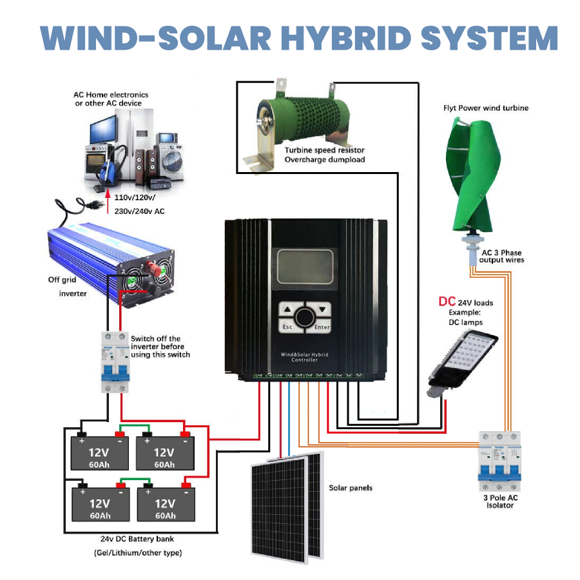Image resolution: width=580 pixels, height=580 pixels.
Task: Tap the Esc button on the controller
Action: [x=288, y=327]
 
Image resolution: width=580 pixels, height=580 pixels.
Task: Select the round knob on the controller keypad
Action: [x=304, y=317]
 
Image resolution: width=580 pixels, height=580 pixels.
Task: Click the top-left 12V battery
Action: [x=100, y=451]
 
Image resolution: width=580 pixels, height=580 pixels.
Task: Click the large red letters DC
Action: [x=447, y=301]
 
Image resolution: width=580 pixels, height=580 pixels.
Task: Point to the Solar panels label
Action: [x=351, y=488]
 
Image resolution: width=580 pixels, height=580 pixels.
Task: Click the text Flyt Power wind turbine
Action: [x=486, y=108]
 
